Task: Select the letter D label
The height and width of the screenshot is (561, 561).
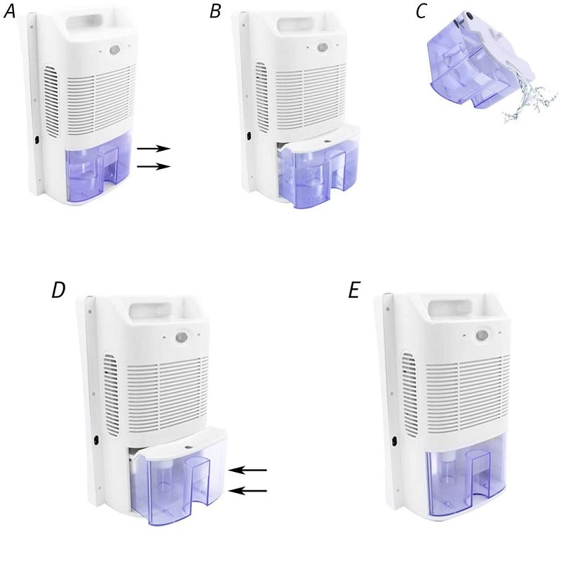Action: coord(58,290)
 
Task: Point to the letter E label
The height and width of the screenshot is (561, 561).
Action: coord(353,290)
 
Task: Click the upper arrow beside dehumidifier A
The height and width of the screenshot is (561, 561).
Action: coord(154,149)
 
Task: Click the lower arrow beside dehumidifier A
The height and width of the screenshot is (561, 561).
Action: coord(154,166)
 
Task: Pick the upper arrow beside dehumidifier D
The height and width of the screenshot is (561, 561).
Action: coord(248,470)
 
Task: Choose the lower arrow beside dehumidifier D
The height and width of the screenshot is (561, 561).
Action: coord(248,491)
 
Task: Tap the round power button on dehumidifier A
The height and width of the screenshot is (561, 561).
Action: coord(115,49)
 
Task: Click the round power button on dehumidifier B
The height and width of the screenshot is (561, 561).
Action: coord(323,48)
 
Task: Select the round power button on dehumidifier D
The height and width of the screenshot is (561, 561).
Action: coord(182,337)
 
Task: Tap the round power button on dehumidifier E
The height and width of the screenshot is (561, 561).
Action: coord(482,335)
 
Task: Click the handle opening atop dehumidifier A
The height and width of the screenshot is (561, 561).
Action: coord(86,19)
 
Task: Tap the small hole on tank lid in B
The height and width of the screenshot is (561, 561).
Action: coord(327,141)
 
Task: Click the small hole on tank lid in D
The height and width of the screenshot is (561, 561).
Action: coord(187,447)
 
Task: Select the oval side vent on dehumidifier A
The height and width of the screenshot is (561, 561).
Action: coord(51,101)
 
